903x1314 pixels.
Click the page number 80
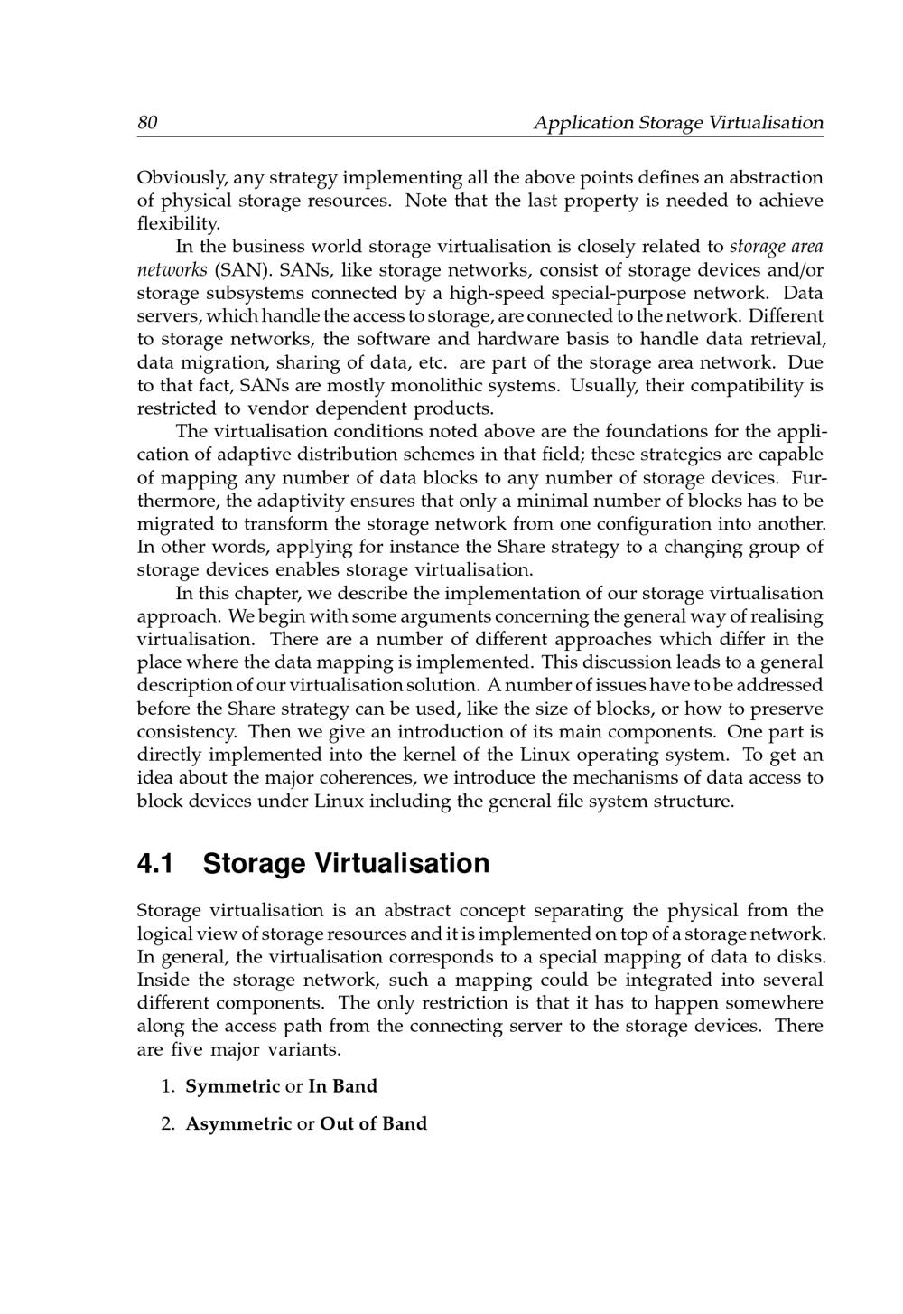click(x=147, y=122)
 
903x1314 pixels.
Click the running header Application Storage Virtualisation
click(x=678, y=122)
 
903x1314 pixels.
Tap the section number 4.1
click(x=155, y=864)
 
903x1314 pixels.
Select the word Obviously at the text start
click(x=177, y=177)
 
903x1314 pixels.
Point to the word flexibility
click(x=178, y=223)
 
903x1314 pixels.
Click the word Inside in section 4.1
click(x=163, y=980)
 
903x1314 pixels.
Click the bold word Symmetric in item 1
click(x=233, y=1086)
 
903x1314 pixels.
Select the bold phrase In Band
click(x=342, y=1086)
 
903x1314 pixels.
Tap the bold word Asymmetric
click(x=238, y=1123)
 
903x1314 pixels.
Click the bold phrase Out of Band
click(x=373, y=1123)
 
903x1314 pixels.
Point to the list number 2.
click(x=167, y=1123)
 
